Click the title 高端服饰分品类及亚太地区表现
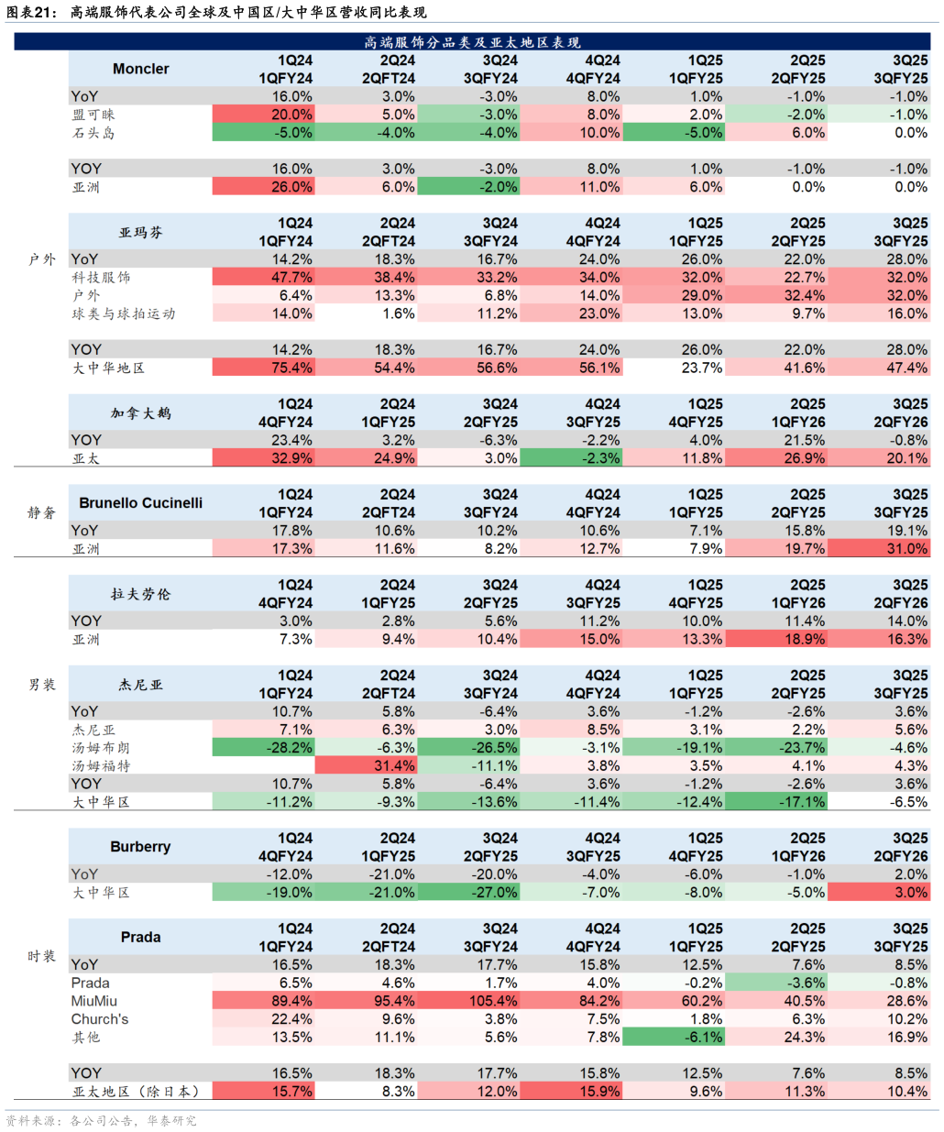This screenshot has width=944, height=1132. pos(472,42)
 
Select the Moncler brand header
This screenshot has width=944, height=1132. pos(140,69)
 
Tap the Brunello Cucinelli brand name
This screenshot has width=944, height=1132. pos(140,503)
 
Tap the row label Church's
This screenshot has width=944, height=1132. pos(100,1019)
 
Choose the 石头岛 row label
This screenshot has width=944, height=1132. pos(93,133)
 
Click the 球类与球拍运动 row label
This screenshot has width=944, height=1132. pos(124,313)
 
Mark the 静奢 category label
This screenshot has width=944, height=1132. pos(41,512)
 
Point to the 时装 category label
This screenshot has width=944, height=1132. pos(41,956)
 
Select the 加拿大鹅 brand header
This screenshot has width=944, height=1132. pos(140,413)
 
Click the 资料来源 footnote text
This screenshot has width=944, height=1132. pos(101,1120)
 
